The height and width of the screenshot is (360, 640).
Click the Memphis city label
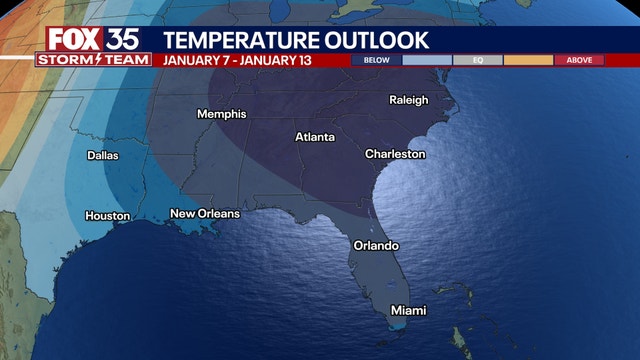pyautogui.click(x=221, y=114)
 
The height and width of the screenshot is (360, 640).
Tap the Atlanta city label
pyautogui.click(x=315, y=136)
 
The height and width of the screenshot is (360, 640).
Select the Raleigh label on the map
pyautogui.click(x=408, y=100)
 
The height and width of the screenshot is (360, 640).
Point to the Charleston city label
pyautogui.click(x=395, y=154)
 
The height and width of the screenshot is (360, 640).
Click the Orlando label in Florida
pyautogui.click(x=376, y=245)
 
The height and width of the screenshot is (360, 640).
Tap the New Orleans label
pyautogui.click(x=205, y=214)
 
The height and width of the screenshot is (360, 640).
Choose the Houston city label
pyautogui.click(x=108, y=216)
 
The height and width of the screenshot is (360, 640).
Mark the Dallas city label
pyautogui.click(x=102, y=155)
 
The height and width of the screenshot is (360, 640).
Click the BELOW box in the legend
pyautogui.click(x=377, y=60)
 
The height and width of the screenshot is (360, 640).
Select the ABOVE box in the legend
pyautogui.click(x=579, y=60)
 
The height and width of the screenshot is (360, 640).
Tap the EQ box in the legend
pyautogui.click(x=478, y=60)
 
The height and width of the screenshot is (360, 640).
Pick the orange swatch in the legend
pyautogui.click(x=528, y=60)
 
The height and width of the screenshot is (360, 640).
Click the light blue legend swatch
pyautogui.click(x=427, y=60)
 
